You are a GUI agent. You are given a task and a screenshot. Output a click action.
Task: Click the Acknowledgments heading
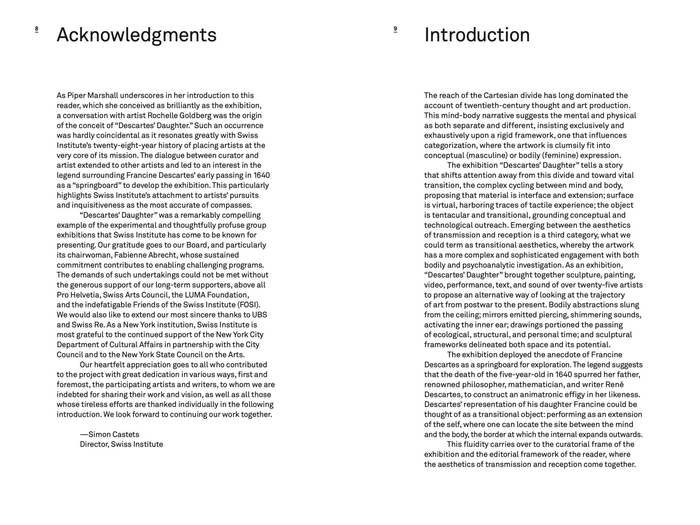tap(136, 35)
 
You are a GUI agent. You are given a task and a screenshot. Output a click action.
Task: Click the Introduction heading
tap(477, 35)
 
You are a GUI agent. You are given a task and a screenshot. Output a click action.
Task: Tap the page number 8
tap(37, 29)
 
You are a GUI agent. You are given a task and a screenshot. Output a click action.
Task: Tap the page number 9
tap(395, 29)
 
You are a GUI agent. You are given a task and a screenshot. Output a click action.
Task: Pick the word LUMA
tap(195, 295)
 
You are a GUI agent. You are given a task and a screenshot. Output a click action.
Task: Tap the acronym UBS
tap(259, 315)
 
